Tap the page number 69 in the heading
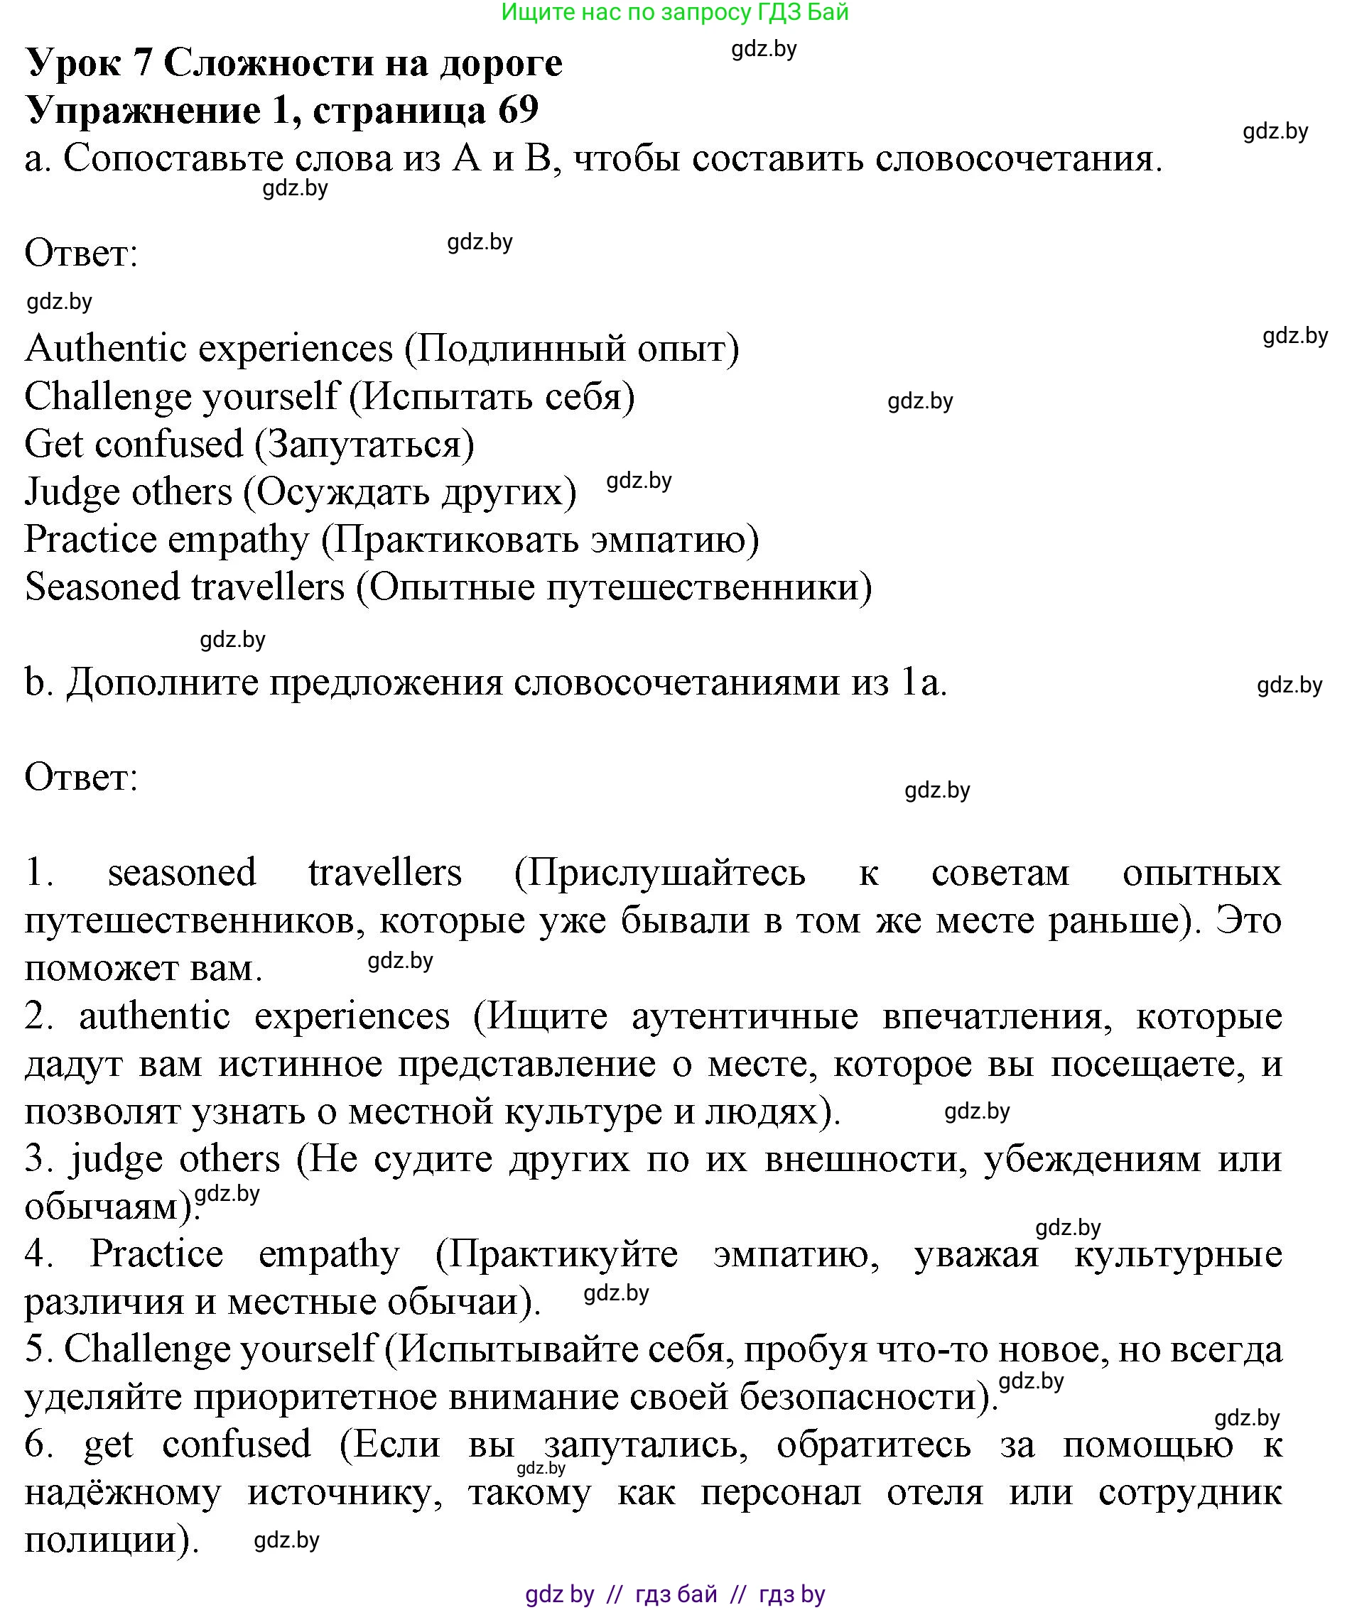point(519,110)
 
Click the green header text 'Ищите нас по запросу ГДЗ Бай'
point(675,12)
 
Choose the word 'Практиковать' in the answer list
point(455,540)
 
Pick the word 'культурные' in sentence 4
point(1177,1254)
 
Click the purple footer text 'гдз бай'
point(676,1594)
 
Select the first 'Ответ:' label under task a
point(81,254)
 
